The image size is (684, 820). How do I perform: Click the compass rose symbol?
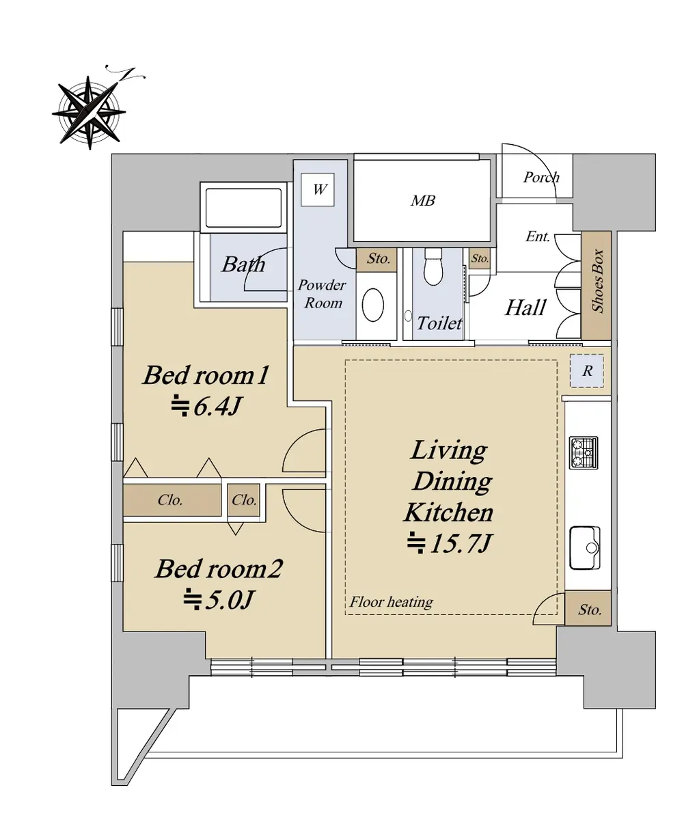point(90,111)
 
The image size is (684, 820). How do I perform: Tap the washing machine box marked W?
point(317,189)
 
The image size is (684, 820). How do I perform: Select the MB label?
point(423,201)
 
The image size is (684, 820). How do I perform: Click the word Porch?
point(541,178)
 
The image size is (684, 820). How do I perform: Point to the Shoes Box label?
point(597,281)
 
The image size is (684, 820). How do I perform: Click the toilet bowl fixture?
point(433,266)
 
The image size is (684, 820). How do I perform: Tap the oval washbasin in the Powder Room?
point(372,305)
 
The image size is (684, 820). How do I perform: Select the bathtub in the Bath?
point(243,208)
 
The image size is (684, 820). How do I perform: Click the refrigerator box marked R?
point(587,371)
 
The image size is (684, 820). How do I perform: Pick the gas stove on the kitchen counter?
point(584,453)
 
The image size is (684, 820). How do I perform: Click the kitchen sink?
point(585,548)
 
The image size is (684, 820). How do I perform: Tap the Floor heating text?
point(391,602)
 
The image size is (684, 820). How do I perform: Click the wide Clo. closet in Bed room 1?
point(172,500)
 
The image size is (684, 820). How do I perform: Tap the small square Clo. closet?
point(243,500)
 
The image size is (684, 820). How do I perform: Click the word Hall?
point(525,307)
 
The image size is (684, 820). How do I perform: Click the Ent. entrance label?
point(538,236)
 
